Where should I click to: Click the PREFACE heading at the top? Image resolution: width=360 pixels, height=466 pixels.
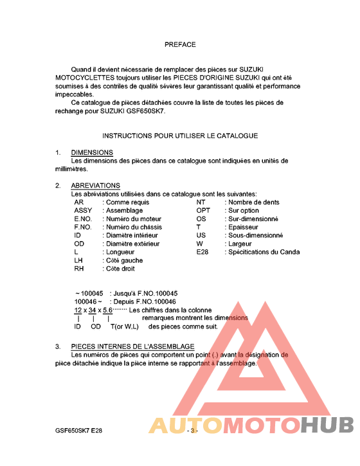[180, 45]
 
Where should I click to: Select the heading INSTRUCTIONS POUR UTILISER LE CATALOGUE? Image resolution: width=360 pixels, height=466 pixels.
[180, 136]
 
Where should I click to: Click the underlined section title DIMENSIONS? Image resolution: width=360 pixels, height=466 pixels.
[92, 152]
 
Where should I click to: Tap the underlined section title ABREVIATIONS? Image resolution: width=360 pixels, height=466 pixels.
[95, 186]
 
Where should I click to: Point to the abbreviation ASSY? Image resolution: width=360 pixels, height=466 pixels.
[83, 210]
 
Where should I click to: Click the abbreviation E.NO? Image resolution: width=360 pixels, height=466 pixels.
[84, 219]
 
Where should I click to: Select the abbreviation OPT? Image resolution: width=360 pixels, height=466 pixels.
[203, 210]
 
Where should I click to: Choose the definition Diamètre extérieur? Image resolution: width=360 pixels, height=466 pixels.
[132, 244]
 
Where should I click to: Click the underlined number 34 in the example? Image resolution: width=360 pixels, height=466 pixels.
[93, 310]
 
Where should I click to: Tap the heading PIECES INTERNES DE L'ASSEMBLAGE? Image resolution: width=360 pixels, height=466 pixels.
[132, 346]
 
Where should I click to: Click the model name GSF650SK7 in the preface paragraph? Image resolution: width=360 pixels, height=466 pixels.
[145, 111]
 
